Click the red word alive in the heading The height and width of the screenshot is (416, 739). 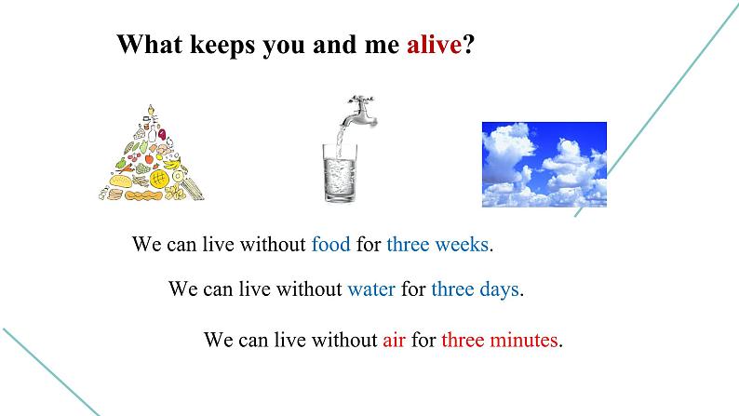[x=434, y=45]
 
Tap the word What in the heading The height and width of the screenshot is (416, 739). [x=150, y=45]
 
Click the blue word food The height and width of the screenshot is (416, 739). [x=330, y=244]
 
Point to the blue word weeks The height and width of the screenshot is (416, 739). [x=462, y=244]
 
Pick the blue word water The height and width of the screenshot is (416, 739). [x=371, y=289]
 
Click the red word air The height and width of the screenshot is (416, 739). [x=394, y=340]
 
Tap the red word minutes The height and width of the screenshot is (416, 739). [x=524, y=340]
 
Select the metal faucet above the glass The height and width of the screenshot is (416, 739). [x=360, y=112]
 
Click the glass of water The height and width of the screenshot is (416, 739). [x=340, y=173]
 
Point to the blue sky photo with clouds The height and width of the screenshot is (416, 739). [x=544, y=165]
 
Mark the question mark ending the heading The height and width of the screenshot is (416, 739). [x=468, y=45]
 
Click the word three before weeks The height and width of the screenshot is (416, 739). [x=409, y=244]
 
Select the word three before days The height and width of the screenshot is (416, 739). [x=452, y=289]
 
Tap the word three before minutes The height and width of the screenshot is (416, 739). [x=463, y=340]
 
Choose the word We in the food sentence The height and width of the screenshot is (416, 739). [x=146, y=244]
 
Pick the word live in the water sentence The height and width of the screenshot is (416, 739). [x=254, y=289]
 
